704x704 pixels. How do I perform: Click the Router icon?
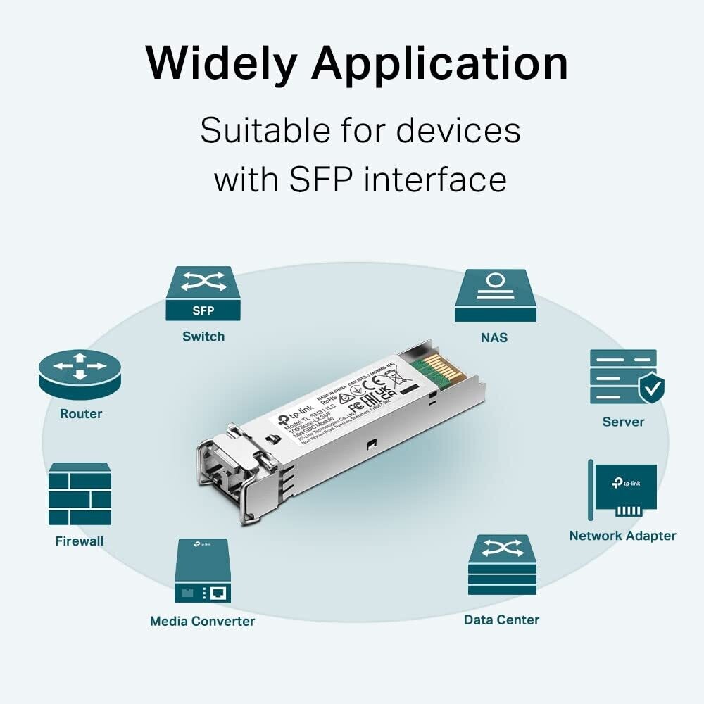tap(80, 374)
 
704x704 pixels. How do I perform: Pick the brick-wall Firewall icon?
tap(80, 494)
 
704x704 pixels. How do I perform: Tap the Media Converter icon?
tap(202, 570)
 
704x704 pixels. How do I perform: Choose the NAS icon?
tap(495, 296)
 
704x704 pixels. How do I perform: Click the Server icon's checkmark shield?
tap(651, 388)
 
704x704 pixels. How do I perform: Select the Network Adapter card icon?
tap(623, 490)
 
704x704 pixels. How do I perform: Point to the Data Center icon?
tap(502, 565)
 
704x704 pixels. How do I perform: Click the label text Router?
tap(81, 414)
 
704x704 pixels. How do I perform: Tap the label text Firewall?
tap(80, 541)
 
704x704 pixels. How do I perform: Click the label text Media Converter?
tap(202, 621)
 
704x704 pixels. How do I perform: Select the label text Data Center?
tap(501, 620)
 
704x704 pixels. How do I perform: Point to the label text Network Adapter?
tap(622, 536)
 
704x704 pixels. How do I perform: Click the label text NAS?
tap(494, 337)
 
